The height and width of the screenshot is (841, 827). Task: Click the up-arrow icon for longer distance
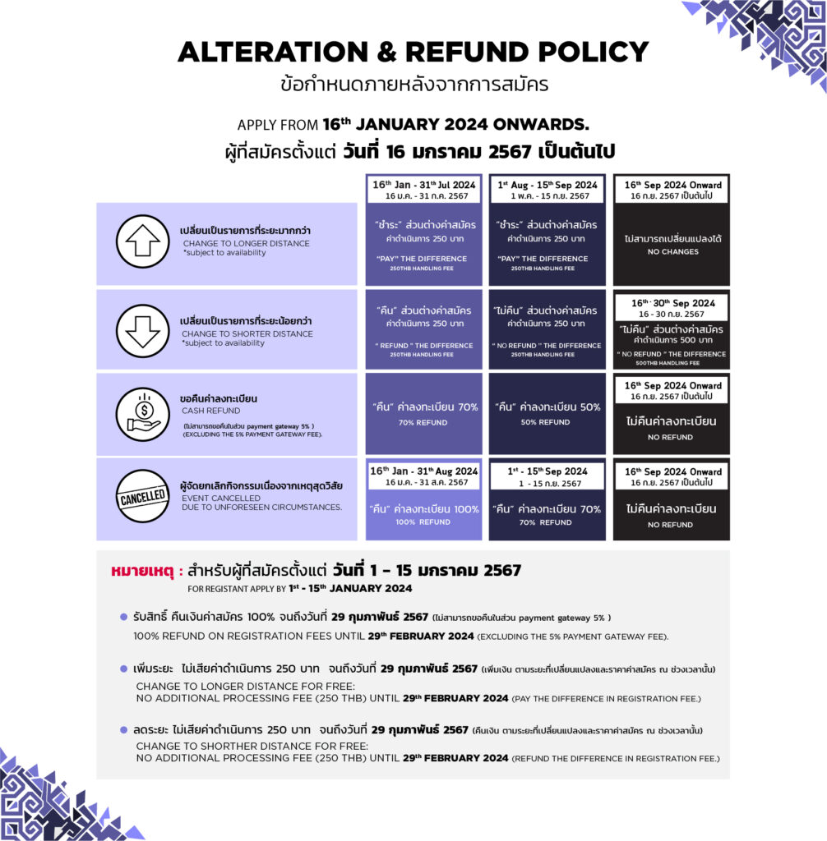pyautogui.click(x=142, y=242)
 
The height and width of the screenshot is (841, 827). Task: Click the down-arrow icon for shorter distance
pyautogui.click(x=142, y=330)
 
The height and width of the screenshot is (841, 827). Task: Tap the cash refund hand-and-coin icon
pyautogui.click(x=142, y=414)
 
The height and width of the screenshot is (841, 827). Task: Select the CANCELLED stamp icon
pyautogui.click(x=142, y=499)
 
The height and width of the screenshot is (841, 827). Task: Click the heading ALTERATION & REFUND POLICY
pyautogui.click(x=413, y=52)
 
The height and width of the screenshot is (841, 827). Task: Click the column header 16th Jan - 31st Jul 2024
pyautogui.click(x=424, y=190)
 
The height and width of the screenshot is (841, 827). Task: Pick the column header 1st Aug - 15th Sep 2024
pyautogui.click(x=547, y=190)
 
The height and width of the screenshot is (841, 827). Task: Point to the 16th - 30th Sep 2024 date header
pyautogui.click(x=672, y=308)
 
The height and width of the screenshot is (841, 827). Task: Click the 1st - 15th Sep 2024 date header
pyautogui.click(x=547, y=476)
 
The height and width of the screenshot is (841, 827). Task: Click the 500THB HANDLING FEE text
pyautogui.click(x=672, y=363)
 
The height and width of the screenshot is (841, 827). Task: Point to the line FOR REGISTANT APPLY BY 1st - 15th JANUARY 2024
pyautogui.click(x=299, y=588)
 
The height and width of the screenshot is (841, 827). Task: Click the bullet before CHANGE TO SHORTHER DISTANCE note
pyautogui.click(x=124, y=729)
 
